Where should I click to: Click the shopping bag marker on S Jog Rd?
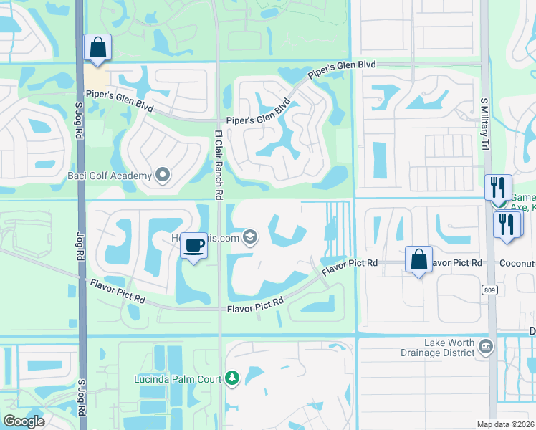97,48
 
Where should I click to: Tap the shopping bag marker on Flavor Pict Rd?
418,259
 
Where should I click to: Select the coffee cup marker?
193,246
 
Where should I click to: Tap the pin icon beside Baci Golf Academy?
163,175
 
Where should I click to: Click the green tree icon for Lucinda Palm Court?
231,378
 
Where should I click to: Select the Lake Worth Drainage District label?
439,348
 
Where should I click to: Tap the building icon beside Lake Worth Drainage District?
486,347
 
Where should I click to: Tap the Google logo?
24,421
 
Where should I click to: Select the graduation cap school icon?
250,237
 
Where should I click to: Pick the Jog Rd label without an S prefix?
80,241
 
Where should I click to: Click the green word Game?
523,197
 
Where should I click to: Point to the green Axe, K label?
524,208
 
